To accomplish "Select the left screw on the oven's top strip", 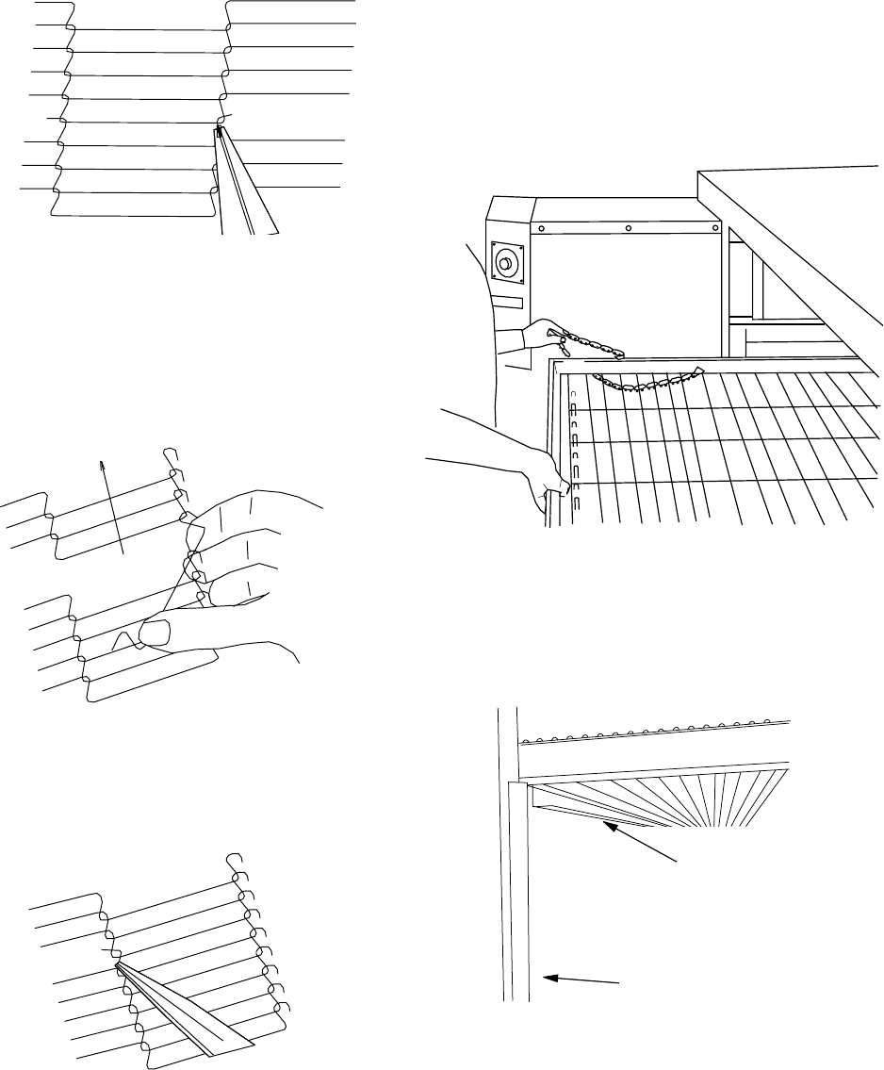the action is (542, 228).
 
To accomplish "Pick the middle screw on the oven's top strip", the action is (628, 227).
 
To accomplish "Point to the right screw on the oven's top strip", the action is (712, 227).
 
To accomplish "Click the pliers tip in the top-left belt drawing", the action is (220, 133).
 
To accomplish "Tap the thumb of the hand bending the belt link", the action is (151, 634).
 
